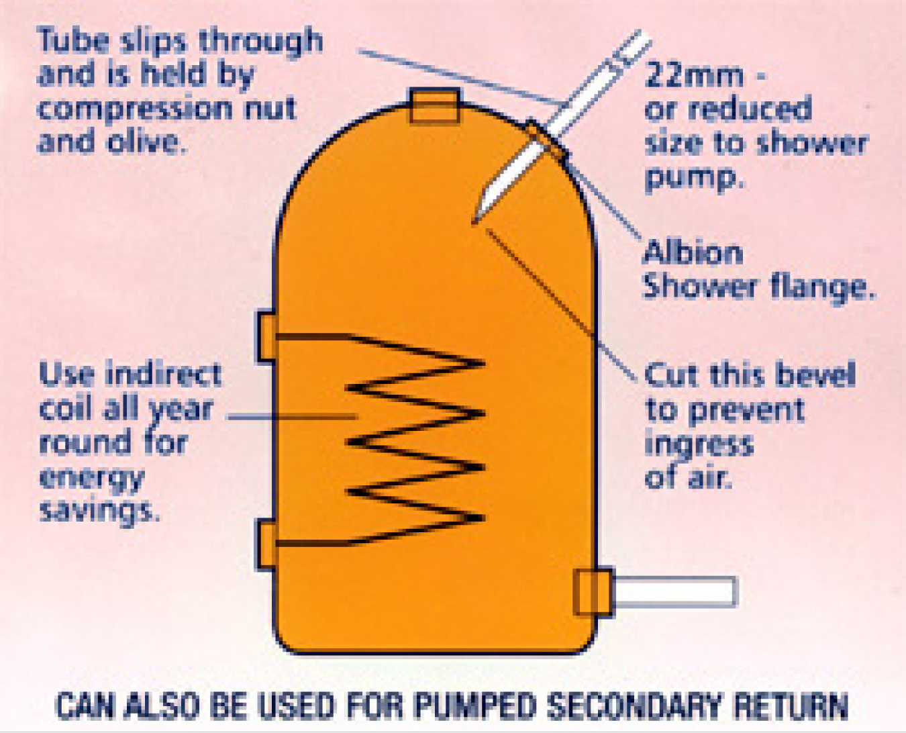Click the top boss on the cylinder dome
pyautogui.click(x=435, y=106)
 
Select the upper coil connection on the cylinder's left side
pyautogui.click(x=266, y=336)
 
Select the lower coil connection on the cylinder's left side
pyautogui.click(x=266, y=544)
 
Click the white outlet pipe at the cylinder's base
pyautogui.click(x=674, y=592)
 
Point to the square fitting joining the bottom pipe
pyautogui.click(x=593, y=591)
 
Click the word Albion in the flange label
pyautogui.click(x=693, y=253)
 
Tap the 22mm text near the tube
pyautogui.click(x=694, y=75)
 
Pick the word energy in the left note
pyautogui.click(x=92, y=478)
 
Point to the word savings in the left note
pyautogui.click(x=99, y=510)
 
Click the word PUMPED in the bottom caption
pyautogui.click(x=475, y=706)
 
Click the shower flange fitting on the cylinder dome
pyautogui.click(x=545, y=140)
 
